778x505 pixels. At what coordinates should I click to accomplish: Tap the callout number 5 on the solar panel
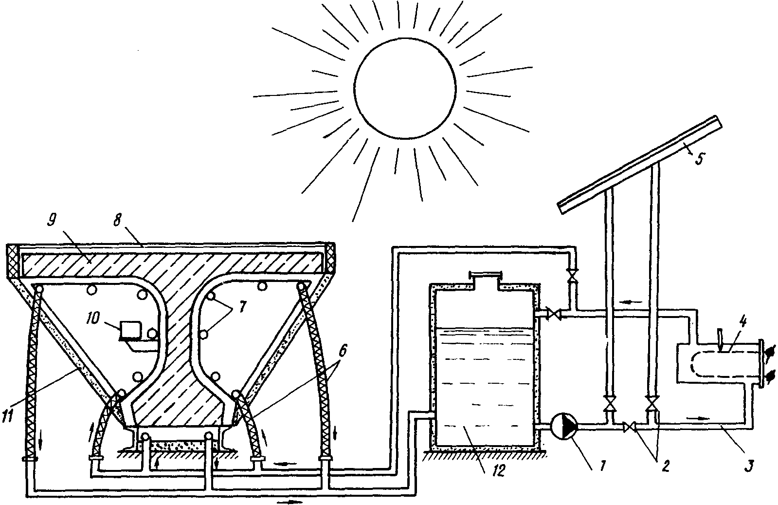pyautogui.click(x=698, y=159)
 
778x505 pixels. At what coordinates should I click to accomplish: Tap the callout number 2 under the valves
pyautogui.click(x=664, y=466)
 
